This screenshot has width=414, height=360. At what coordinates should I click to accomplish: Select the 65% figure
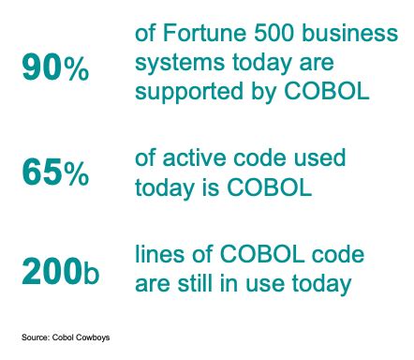[x=56, y=172]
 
